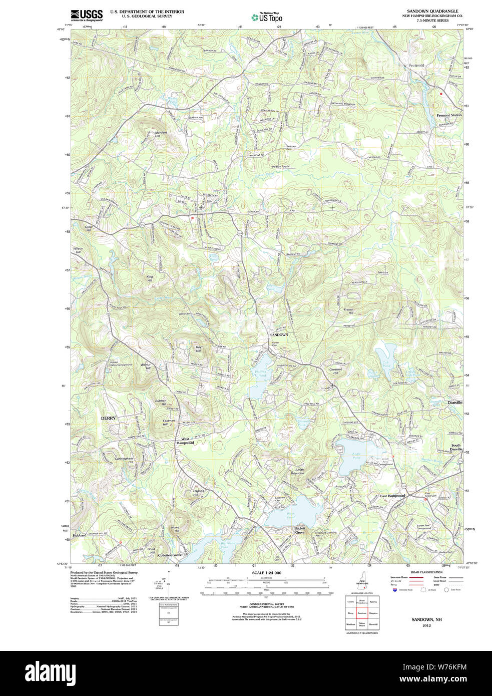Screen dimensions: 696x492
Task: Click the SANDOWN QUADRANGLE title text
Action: (x=432, y=11)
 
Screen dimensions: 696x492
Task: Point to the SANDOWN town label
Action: (x=279, y=334)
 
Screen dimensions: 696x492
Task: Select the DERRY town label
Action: (x=108, y=418)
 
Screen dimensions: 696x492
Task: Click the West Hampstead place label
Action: (x=185, y=441)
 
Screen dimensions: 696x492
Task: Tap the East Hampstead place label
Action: (x=392, y=496)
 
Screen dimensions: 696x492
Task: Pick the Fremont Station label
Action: (x=449, y=115)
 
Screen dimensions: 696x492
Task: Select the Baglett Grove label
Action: (x=299, y=530)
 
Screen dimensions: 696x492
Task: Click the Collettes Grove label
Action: (x=170, y=555)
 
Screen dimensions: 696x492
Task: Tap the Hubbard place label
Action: (x=79, y=535)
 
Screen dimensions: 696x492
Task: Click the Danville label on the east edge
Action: (x=454, y=403)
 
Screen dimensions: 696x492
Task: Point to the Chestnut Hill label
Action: (x=335, y=371)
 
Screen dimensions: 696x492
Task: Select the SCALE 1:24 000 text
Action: (x=266, y=573)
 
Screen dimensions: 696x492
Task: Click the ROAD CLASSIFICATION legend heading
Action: (x=426, y=572)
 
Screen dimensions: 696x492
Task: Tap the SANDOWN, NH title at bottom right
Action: (x=426, y=619)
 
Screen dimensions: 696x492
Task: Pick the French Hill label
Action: (x=348, y=311)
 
